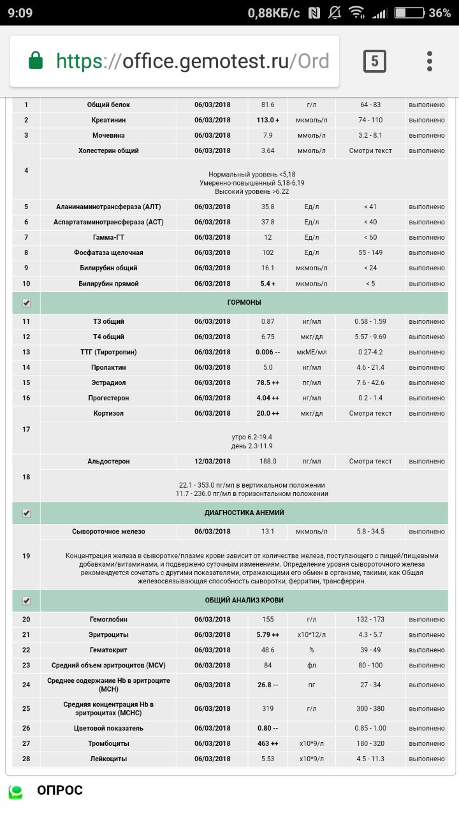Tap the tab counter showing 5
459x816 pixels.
pos(375,61)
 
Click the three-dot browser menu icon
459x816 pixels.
pos(430,61)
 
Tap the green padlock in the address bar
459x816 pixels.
pos(36,61)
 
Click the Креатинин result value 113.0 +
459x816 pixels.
pos(268,120)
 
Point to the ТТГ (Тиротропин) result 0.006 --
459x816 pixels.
pos(268,352)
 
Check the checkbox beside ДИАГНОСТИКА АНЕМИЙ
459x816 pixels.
pos(26,513)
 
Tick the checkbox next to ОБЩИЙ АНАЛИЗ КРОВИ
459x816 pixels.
pos(26,601)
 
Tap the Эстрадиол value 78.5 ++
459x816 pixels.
pos(268,382)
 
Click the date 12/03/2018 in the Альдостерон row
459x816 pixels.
pos(213,461)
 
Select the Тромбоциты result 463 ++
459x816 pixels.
pos(268,743)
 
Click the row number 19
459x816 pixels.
pos(26,556)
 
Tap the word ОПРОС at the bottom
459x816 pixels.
pos(60,790)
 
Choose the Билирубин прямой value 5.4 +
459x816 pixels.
pos(268,284)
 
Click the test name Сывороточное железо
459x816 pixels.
pos(108,531)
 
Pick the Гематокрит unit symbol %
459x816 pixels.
pos(311,650)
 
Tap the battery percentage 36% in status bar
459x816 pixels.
pos(439,13)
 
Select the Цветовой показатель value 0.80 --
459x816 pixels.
pos(268,728)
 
